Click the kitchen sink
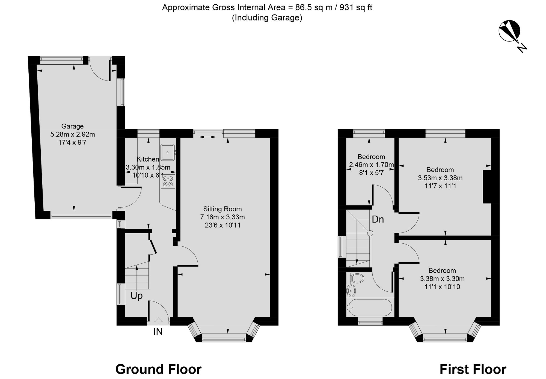pyautogui.click(x=168, y=152)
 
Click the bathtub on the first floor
pyautogui.click(x=369, y=308)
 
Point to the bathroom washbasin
pyautogui.click(x=351, y=291)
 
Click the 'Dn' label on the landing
pyautogui.click(x=378, y=219)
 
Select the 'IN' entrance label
pyautogui.click(x=158, y=332)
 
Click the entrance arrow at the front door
pyautogui.click(x=158, y=321)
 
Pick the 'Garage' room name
pyautogui.click(x=72, y=126)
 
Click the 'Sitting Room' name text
pyautogui.click(x=222, y=209)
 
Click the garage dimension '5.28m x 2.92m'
pyautogui.click(x=73, y=135)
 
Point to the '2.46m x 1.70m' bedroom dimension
pyautogui.click(x=372, y=165)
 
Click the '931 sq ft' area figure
pyautogui.click(x=356, y=8)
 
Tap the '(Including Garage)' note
pyautogui.click(x=267, y=18)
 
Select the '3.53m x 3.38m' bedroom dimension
pyautogui.click(x=440, y=178)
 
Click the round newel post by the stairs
pyautogui.click(x=370, y=233)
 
